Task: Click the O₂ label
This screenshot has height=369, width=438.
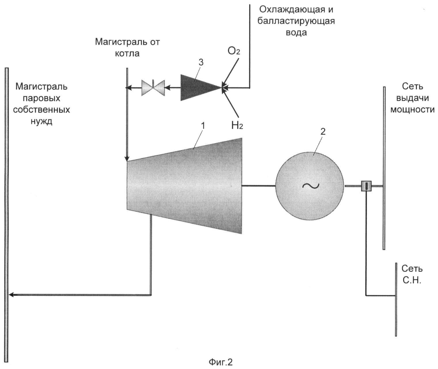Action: (x=234, y=51)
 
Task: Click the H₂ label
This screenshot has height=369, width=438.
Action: (x=237, y=125)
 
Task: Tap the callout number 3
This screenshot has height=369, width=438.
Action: (x=201, y=63)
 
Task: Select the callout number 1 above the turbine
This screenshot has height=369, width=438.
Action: (x=203, y=126)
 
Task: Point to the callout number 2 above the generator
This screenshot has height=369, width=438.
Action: (x=323, y=132)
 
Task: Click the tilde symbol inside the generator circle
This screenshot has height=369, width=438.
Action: (x=311, y=186)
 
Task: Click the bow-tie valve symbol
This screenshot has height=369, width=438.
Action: (x=153, y=88)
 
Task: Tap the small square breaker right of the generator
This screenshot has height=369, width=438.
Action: (x=366, y=186)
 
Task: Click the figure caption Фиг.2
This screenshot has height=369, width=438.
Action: (x=220, y=362)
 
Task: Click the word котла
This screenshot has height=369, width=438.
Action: (x=127, y=54)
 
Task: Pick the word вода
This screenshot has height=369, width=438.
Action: (x=296, y=33)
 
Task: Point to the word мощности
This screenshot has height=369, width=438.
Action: (x=412, y=110)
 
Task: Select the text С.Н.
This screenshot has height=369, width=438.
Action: (x=412, y=280)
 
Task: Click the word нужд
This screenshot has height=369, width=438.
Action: (x=41, y=121)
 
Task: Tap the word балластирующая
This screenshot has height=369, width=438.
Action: (x=296, y=21)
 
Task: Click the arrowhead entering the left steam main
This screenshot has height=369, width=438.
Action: (x=11, y=295)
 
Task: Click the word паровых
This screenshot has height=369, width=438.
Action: (x=41, y=98)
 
